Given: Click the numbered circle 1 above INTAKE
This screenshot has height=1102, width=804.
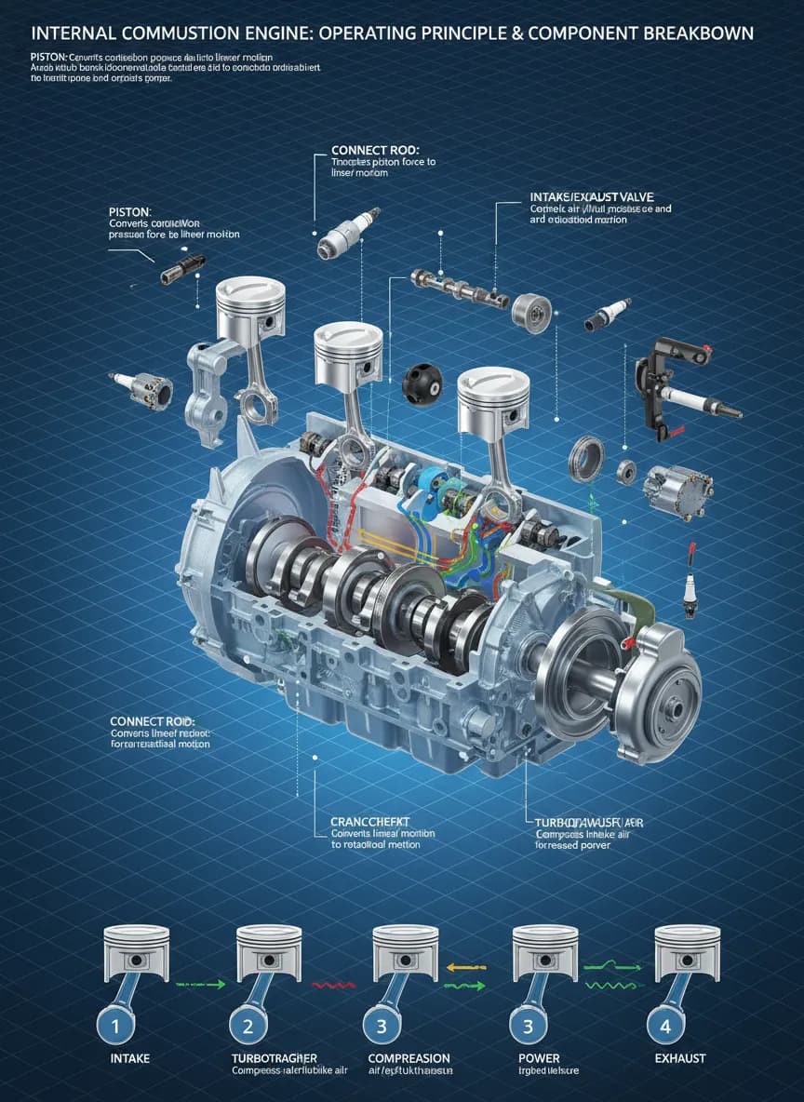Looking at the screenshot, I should [x=113, y=1027].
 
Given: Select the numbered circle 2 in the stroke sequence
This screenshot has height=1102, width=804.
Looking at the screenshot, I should [x=248, y=1027].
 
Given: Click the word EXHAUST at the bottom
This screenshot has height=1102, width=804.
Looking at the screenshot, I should [x=679, y=1058].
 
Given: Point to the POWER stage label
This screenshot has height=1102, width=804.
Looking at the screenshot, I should [x=538, y=1058].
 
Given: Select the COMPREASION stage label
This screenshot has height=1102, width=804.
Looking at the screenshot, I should [x=409, y=1058].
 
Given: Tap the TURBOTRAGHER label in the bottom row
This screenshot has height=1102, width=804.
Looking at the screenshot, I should [x=274, y=1058].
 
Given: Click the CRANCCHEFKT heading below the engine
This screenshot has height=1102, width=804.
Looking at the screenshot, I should [x=370, y=822].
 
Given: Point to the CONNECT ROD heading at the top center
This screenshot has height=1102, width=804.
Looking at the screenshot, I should [x=375, y=150].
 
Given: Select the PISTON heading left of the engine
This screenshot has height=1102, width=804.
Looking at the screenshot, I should [x=129, y=212].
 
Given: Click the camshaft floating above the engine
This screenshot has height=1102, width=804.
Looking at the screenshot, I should [x=462, y=289].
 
